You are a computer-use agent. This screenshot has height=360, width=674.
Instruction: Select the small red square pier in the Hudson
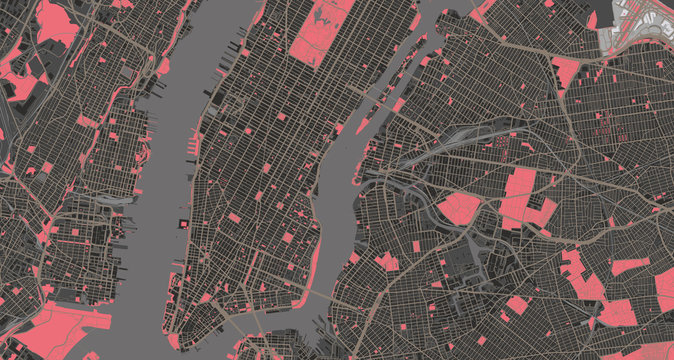pos(183,223)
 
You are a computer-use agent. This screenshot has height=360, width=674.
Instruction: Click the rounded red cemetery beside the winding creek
pos(458,207)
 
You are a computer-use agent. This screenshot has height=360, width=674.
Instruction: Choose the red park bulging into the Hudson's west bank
pos(163,66)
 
